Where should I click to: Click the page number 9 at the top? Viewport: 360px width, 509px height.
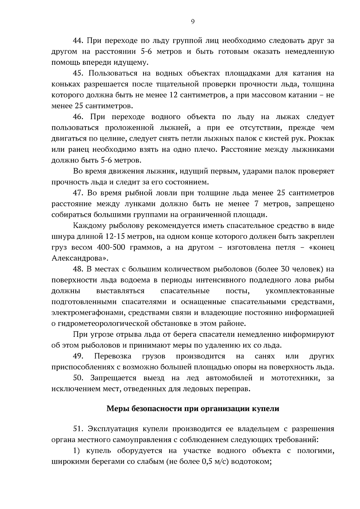[x=192, y=21]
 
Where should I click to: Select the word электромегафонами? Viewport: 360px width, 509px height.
[x=88, y=313]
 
